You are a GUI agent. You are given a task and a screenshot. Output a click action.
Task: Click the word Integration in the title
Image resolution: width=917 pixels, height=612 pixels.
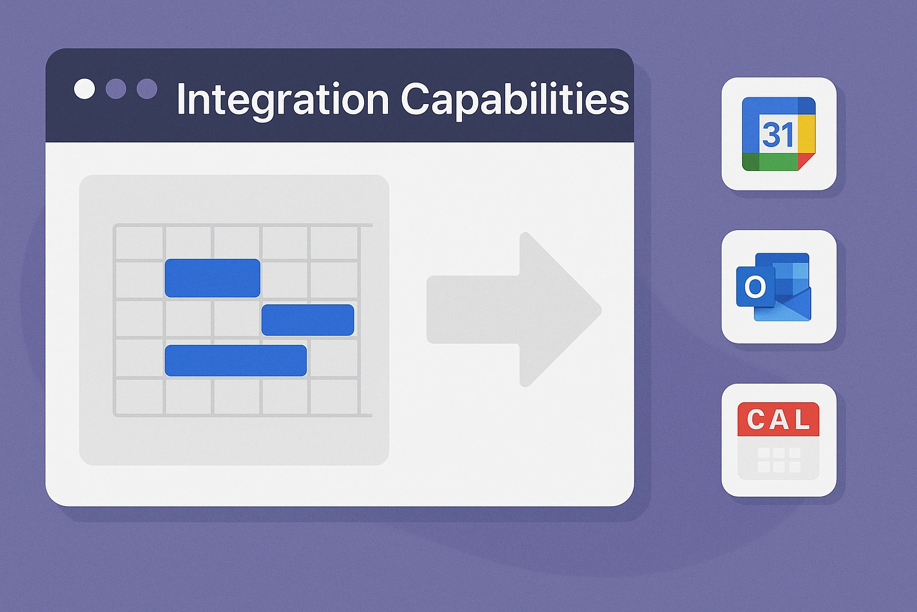[282, 100]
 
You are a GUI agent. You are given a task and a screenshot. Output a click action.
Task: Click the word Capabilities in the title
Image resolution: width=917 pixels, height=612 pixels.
[515, 100]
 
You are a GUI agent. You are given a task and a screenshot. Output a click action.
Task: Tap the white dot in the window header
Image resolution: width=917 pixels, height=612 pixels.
[84, 88]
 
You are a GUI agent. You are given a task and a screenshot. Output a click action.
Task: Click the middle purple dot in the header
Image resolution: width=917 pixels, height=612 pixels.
[116, 88]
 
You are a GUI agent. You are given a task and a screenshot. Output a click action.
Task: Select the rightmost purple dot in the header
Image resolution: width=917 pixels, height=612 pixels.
[147, 88]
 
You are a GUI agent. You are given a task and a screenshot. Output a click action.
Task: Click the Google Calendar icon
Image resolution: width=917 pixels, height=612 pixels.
[778, 134]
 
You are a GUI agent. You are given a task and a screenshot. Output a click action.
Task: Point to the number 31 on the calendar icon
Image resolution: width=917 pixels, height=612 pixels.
[778, 134]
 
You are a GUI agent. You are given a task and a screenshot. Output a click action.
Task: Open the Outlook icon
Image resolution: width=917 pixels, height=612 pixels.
[773, 287]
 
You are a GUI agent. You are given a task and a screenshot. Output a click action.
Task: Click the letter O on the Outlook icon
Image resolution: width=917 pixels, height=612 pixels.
[755, 286]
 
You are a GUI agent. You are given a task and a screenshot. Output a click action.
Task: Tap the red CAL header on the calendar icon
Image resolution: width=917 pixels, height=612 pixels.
[778, 419]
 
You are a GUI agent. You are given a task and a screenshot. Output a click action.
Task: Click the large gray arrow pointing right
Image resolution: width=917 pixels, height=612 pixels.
[514, 310]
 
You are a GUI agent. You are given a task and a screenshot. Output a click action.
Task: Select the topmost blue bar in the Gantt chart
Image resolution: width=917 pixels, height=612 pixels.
[213, 278]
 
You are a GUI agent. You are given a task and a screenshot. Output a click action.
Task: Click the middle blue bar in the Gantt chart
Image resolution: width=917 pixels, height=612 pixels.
[308, 320]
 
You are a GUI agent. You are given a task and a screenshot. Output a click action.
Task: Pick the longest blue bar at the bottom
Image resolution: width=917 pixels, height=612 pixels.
[236, 360]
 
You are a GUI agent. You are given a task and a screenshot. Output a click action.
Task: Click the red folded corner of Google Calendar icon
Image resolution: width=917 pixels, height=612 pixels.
[805, 161]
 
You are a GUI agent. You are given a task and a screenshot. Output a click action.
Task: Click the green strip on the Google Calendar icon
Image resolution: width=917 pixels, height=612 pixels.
[770, 162]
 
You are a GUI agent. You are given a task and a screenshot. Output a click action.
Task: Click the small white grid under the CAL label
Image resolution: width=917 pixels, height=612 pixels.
[779, 460]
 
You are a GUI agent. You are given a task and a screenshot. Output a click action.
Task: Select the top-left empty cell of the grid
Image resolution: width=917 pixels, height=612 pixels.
[139, 243]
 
